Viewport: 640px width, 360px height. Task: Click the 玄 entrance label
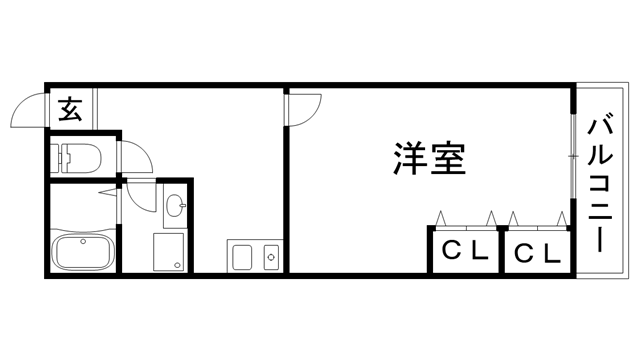point(70,107)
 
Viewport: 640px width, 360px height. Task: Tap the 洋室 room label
point(430,159)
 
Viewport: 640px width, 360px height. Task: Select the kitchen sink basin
point(244,257)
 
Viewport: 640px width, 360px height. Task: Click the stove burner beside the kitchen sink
point(270,257)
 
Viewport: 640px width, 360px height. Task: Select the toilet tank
point(63,155)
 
